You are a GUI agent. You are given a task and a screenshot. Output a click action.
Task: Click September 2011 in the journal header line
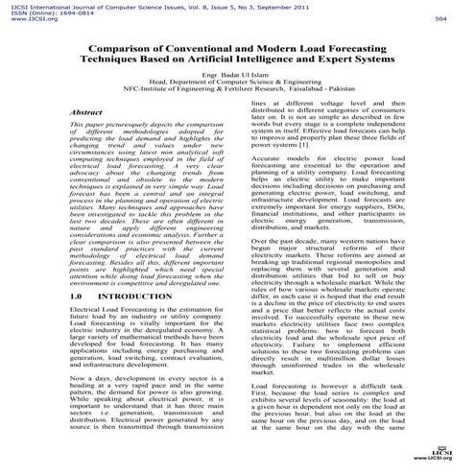click(x=317, y=5)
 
